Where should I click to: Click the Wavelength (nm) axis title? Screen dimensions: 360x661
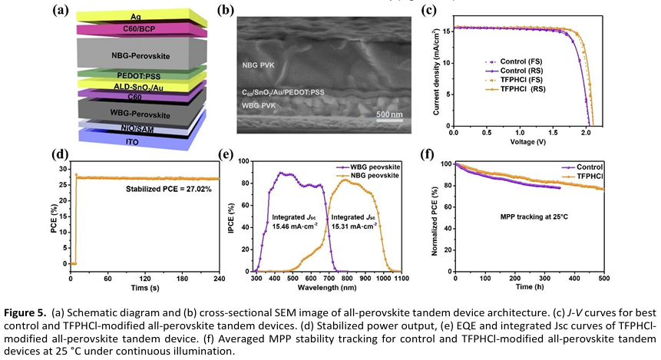pos(326,290)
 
